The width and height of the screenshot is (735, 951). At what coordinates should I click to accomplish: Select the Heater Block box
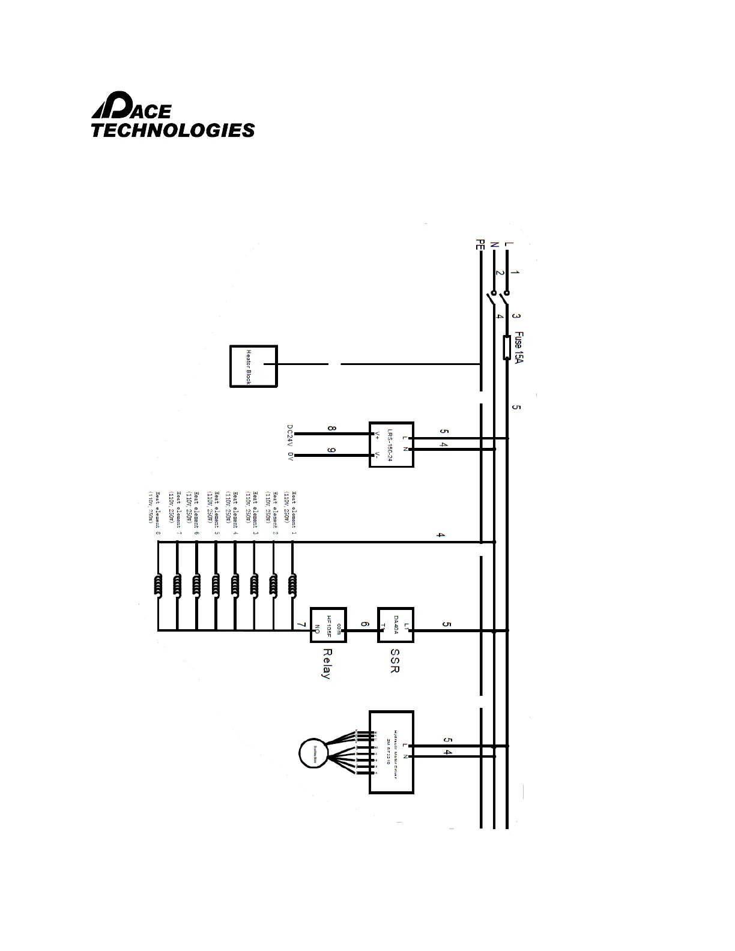pyautogui.click(x=253, y=366)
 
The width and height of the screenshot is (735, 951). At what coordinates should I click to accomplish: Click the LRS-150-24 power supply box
pyautogui.click(x=391, y=444)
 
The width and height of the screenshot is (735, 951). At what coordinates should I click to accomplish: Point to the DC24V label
pyautogui.click(x=289, y=435)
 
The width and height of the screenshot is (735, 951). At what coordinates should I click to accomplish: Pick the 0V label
pyautogui.click(x=289, y=456)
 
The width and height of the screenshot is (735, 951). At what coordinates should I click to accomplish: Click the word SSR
pyautogui.click(x=395, y=660)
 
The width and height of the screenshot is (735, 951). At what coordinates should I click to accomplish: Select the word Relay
pyautogui.click(x=326, y=663)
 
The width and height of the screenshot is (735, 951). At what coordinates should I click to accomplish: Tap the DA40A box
pyautogui.click(x=396, y=626)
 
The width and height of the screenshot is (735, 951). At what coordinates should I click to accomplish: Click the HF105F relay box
pyautogui.click(x=328, y=626)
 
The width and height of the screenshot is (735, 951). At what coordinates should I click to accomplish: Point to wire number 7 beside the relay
pyautogui.click(x=300, y=625)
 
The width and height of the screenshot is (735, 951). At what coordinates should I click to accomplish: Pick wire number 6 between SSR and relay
pyautogui.click(x=364, y=625)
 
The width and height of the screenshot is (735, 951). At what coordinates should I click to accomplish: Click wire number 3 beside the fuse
pyautogui.click(x=517, y=316)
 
